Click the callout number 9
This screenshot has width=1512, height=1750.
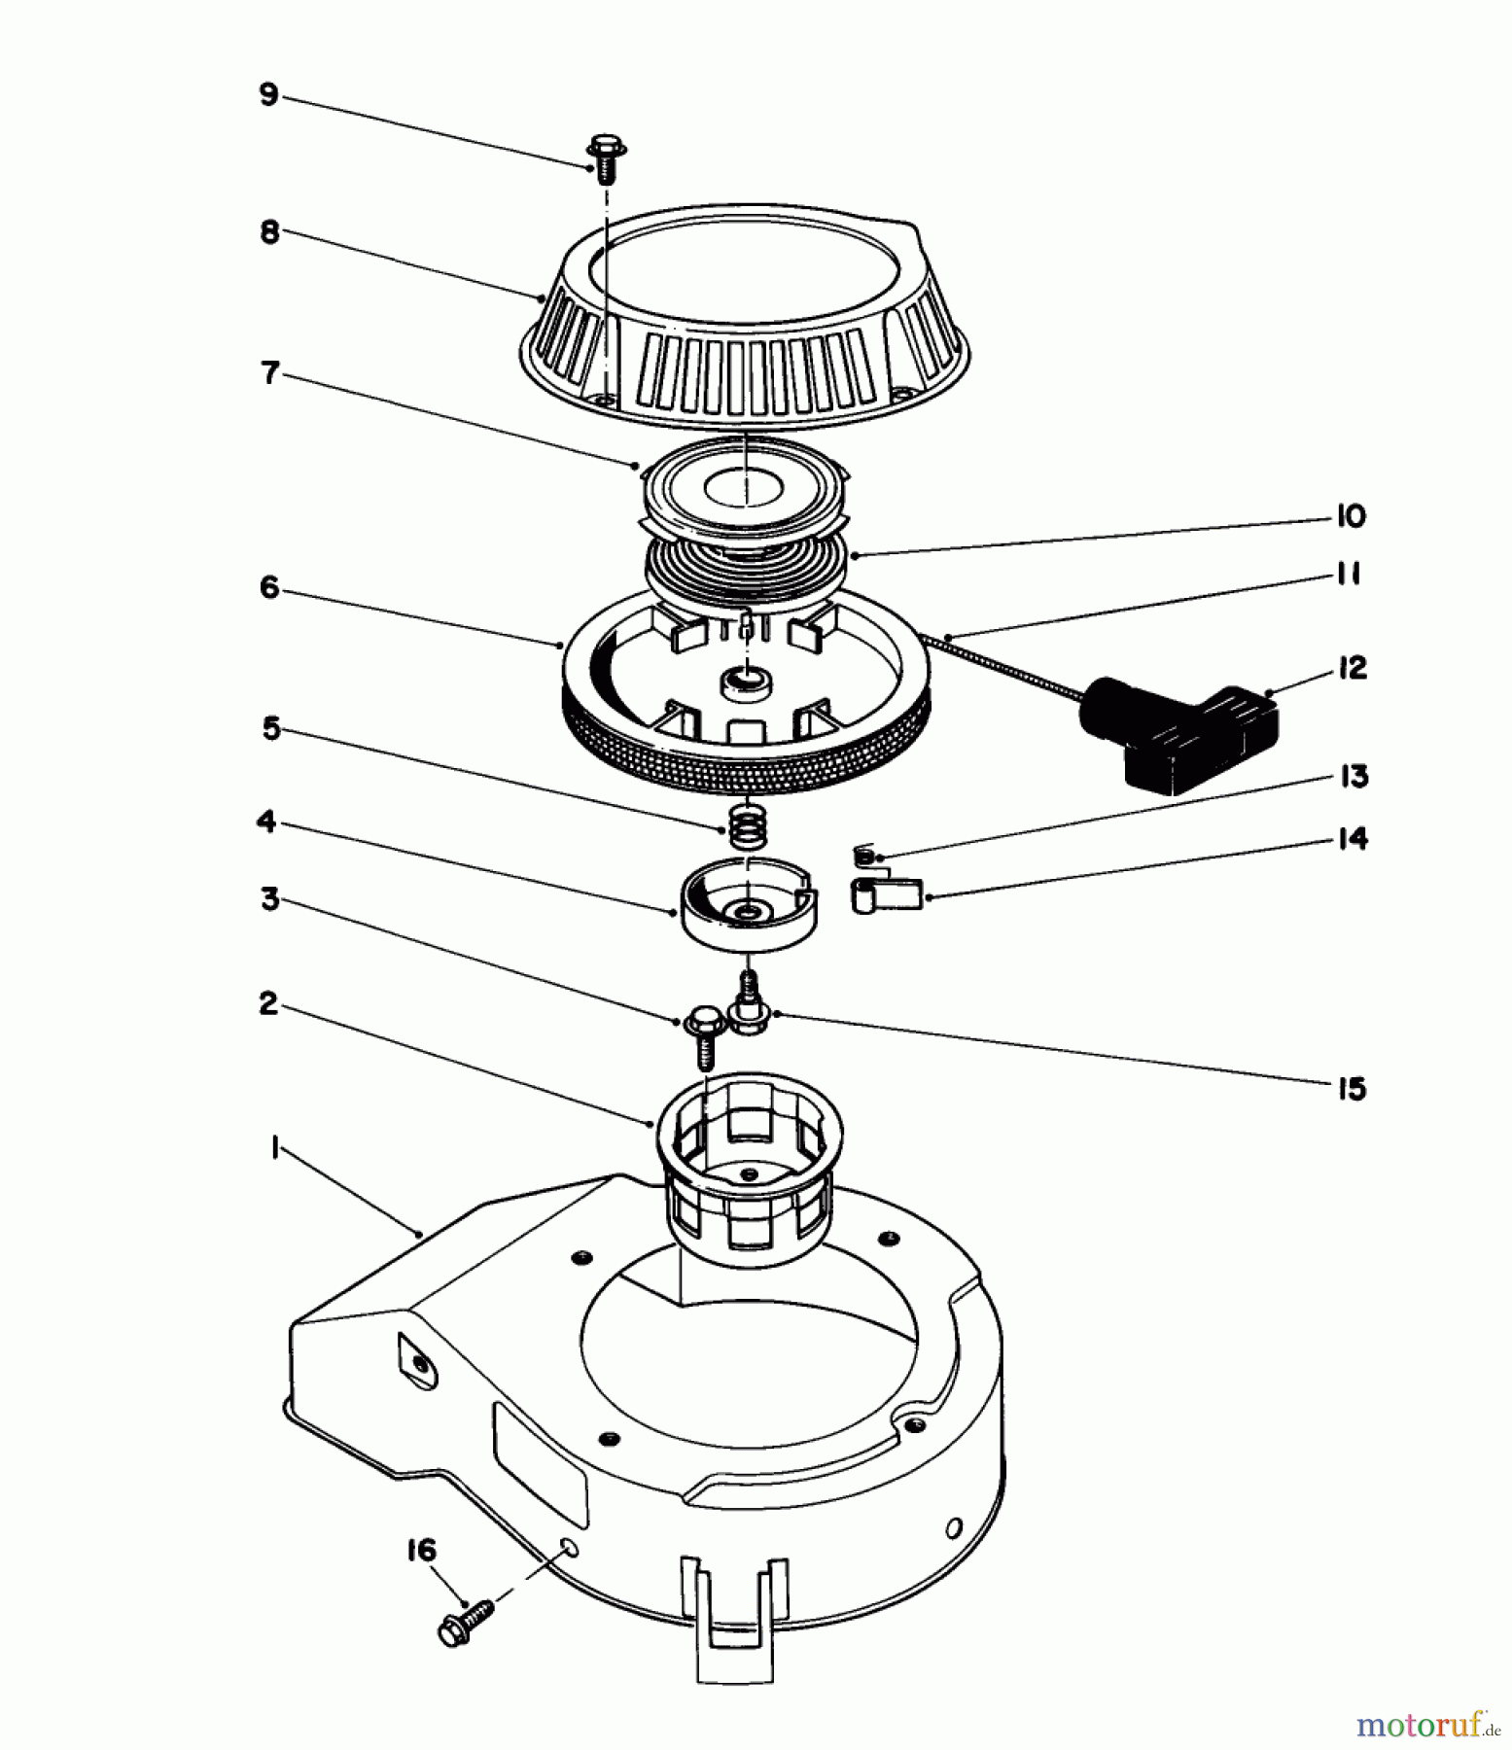[x=268, y=95]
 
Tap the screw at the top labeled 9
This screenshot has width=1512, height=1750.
[x=607, y=160]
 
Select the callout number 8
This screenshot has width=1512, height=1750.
[x=268, y=232]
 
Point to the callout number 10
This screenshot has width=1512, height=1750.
[x=1351, y=515]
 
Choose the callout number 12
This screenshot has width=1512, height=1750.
[x=1352, y=667]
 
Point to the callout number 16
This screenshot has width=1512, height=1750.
[x=421, y=1550]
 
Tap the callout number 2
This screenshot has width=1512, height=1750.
[x=268, y=1003]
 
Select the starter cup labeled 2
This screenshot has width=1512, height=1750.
[x=749, y=1157]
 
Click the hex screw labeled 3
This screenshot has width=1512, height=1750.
[x=703, y=1034]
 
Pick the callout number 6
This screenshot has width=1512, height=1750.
[x=268, y=587]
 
